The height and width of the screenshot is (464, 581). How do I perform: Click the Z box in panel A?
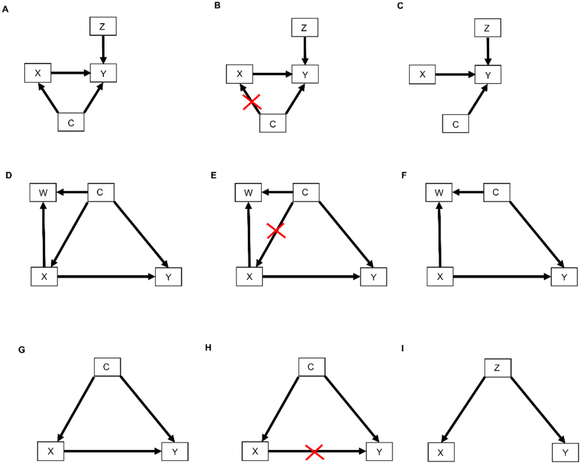pyautogui.click(x=103, y=26)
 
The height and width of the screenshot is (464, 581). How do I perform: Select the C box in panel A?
pyautogui.click(x=71, y=122)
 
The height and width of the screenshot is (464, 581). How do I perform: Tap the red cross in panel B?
pyautogui.click(x=252, y=102)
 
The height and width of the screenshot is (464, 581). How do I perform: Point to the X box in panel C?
pyautogui.click(x=422, y=74)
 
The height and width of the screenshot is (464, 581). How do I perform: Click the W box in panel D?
pyautogui.click(x=43, y=192)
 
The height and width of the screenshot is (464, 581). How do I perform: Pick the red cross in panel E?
pyautogui.click(x=276, y=231)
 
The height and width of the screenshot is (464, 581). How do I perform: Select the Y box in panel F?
pyautogui.click(x=564, y=277)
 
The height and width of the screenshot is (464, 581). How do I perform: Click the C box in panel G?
pyautogui.click(x=107, y=367)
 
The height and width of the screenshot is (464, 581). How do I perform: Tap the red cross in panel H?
pyautogui.click(x=314, y=452)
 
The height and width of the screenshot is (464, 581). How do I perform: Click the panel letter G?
pyautogui.click(x=22, y=350)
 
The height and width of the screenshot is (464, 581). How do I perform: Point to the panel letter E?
pyautogui.click(x=213, y=175)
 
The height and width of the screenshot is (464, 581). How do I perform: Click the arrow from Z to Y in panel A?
pyautogui.click(x=103, y=50)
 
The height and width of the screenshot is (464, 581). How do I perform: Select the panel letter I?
pyautogui.click(x=403, y=348)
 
